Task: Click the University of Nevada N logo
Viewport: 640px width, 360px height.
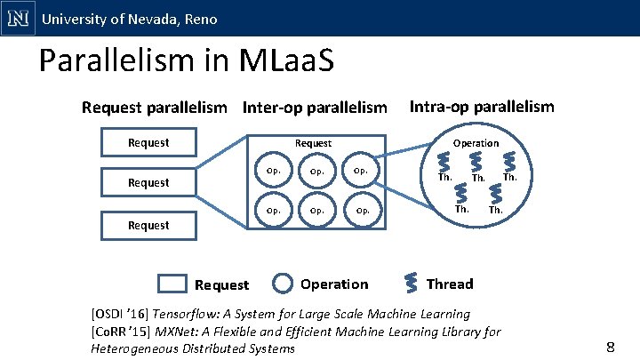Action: click(x=18, y=18)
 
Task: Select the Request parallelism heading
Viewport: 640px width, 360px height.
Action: click(x=154, y=108)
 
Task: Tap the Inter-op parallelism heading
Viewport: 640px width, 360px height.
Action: click(x=316, y=108)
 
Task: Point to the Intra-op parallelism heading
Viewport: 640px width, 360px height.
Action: click(x=482, y=107)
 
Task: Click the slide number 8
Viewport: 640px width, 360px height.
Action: click(x=610, y=347)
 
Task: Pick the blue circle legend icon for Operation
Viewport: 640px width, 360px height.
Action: click(x=283, y=284)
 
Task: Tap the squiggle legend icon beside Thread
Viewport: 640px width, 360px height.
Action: click(x=412, y=282)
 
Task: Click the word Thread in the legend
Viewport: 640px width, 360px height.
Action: click(x=450, y=284)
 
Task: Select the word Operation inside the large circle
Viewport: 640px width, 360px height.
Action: click(x=476, y=142)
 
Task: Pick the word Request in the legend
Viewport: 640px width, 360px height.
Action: click(x=221, y=285)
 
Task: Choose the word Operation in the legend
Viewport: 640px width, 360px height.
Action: click(x=334, y=284)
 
